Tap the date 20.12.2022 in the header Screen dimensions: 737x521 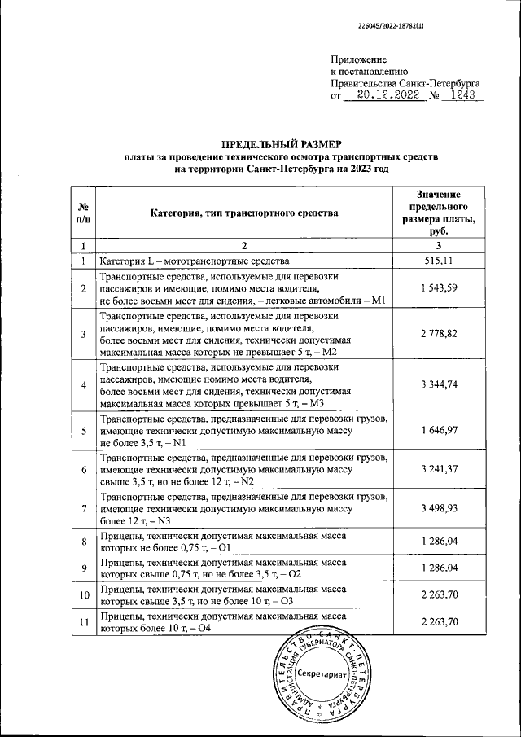382,95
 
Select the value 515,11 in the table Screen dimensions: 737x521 438,261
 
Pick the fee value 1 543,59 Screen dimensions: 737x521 438,289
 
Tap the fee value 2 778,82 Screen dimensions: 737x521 438,335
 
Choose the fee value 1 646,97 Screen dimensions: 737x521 438,430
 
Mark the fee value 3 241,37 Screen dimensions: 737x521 438,470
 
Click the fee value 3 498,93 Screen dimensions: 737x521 438,509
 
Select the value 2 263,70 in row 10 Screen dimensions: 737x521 438,594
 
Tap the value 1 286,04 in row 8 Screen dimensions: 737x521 438,541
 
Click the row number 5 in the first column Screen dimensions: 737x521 83,430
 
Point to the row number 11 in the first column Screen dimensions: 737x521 83,623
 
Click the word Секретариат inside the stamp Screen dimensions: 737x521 322,676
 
